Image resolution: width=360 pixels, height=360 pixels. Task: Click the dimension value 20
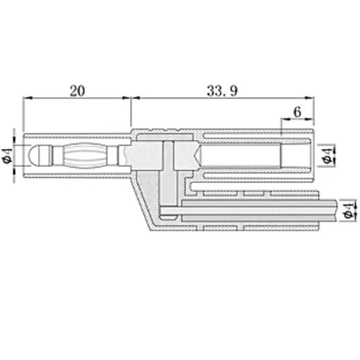pyautogui.click(x=77, y=91)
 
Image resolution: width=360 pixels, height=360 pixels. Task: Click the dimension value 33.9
pyautogui.click(x=222, y=91)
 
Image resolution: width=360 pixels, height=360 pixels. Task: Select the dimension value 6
pyautogui.click(x=297, y=112)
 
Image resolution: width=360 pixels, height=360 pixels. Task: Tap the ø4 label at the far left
pyautogui.click(x=8, y=156)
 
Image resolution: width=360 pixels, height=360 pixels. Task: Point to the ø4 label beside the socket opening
pyautogui.click(x=328, y=156)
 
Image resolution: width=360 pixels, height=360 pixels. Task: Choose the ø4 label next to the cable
pyautogui.click(x=349, y=210)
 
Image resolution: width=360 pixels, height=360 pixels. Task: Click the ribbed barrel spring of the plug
pyautogui.click(x=85, y=156)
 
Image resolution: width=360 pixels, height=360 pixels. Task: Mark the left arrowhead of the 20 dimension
pyautogui.click(x=28, y=98)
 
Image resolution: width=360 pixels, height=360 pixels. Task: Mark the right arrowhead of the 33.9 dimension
pyautogui.click(x=309, y=98)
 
